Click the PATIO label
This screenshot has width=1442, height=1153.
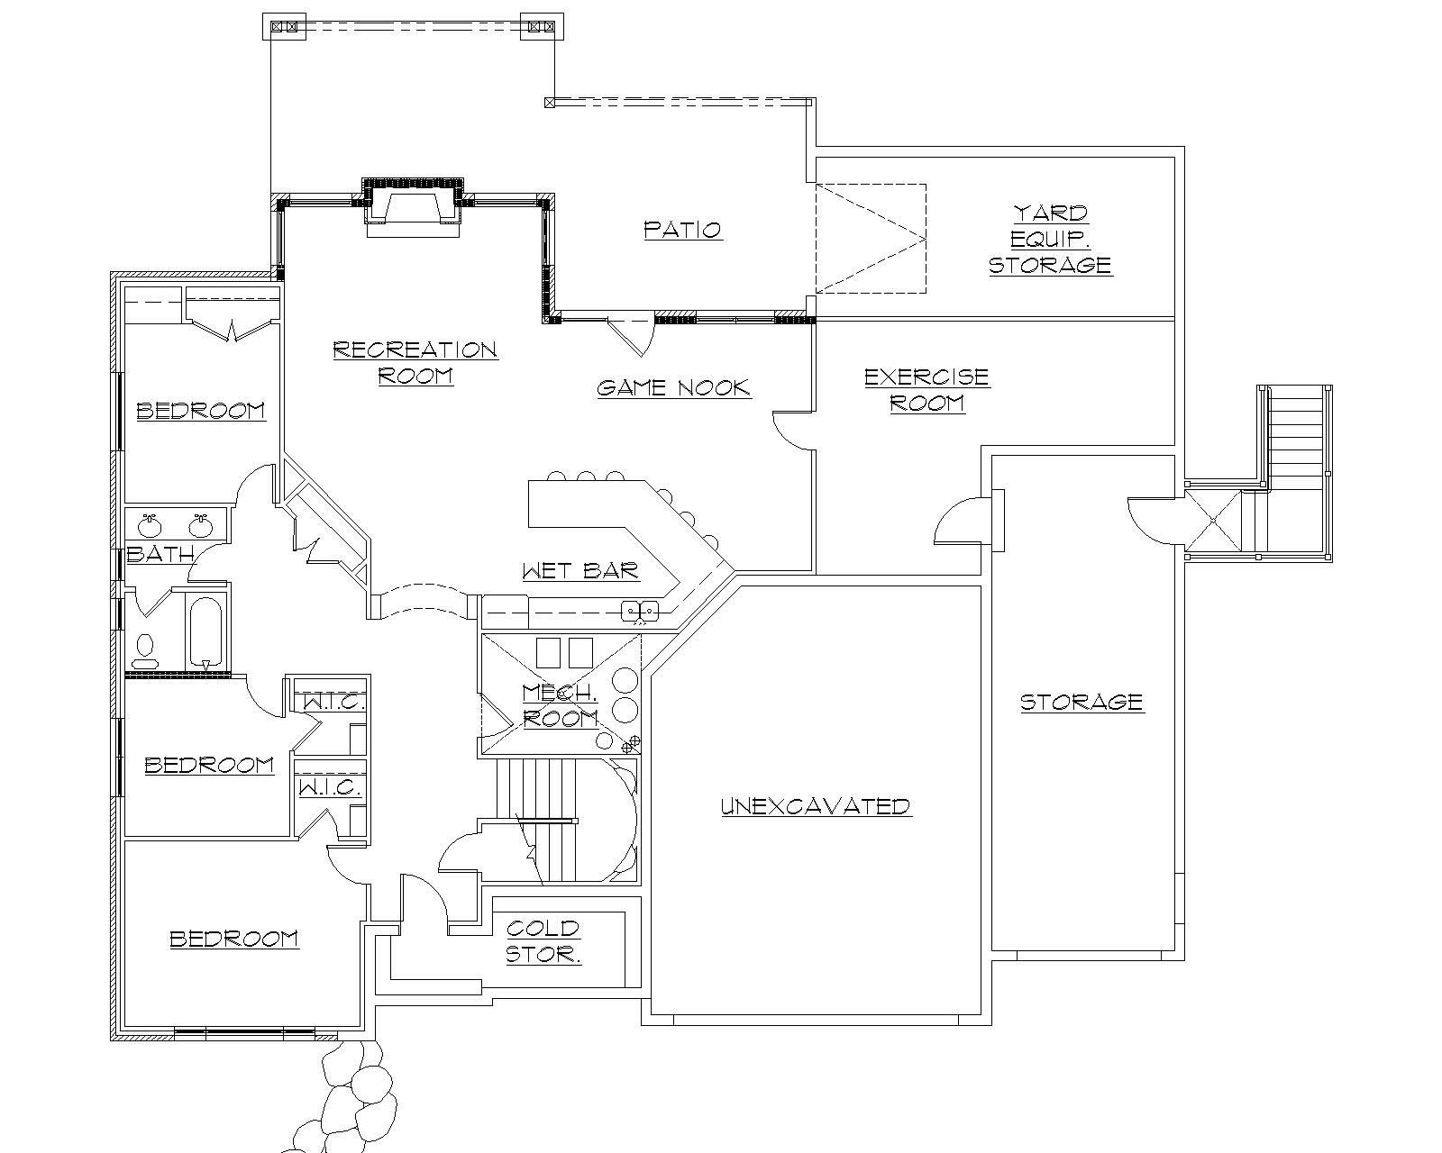(x=682, y=230)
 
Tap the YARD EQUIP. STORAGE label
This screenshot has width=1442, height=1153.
(x=1050, y=240)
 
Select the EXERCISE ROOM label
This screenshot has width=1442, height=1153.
(x=926, y=389)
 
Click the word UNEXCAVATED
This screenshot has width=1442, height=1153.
(x=816, y=806)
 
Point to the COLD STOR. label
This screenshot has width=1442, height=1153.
(x=543, y=941)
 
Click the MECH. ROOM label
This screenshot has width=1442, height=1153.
(x=560, y=705)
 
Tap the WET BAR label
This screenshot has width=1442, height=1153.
(x=580, y=570)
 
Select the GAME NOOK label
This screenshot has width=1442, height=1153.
(x=673, y=388)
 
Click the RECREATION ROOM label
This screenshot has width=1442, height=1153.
(x=415, y=362)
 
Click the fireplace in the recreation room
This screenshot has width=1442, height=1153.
(x=414, y=207)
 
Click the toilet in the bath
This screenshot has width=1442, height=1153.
(x=144, y=647)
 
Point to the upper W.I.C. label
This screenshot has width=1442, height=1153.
(x=331, y=703)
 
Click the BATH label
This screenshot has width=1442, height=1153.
(x=160, y=554)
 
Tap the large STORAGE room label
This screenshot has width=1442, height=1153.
(x=1081, y=702)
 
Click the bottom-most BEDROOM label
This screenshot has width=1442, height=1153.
(x=234, y=939)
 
